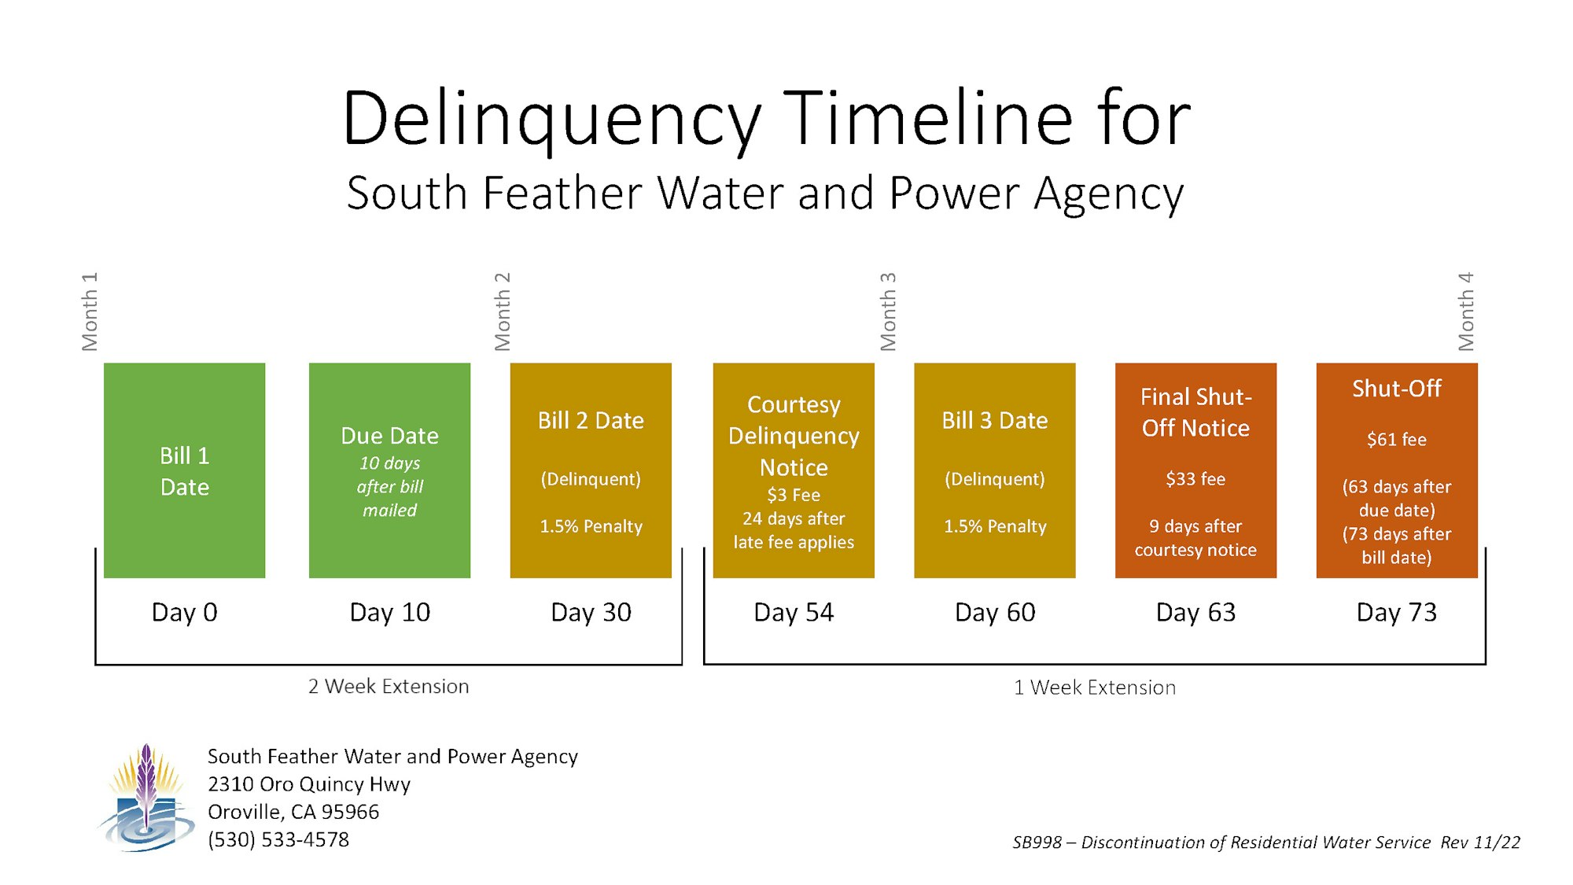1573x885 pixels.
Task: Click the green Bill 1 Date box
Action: point(184,470)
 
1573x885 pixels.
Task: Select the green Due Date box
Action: point(389,470)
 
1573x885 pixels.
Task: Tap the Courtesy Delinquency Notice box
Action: point(794,470)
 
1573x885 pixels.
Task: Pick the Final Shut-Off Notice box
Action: point(1195,470)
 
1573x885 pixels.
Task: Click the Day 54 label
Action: point(794,612)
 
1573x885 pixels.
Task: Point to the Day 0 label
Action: point(184,612)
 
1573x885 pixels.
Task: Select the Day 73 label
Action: point(1397,612)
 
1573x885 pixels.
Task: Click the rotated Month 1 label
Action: point(90,312)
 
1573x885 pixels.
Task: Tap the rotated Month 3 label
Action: point(888,312)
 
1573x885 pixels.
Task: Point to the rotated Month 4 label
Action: point(1466,312)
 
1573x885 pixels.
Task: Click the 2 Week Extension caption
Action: point(389,687)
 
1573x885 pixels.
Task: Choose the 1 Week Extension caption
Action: point(1095,688)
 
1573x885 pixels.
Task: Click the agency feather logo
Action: point(146,798)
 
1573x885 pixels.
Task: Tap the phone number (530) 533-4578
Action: point(278,840)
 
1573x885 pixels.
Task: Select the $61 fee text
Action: point(1397,440)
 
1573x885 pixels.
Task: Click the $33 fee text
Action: point(1195,479)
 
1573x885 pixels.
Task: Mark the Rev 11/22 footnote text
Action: point(1480,843)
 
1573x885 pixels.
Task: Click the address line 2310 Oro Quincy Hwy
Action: point(309,784)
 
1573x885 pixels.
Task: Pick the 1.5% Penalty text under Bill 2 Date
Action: point(591,526)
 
